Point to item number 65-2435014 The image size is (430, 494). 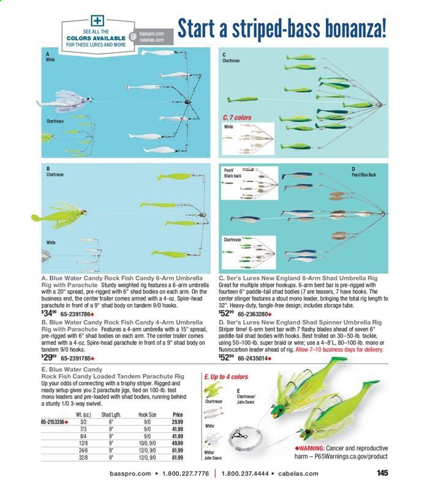[255, 357]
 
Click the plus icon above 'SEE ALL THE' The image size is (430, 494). [96, 21]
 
